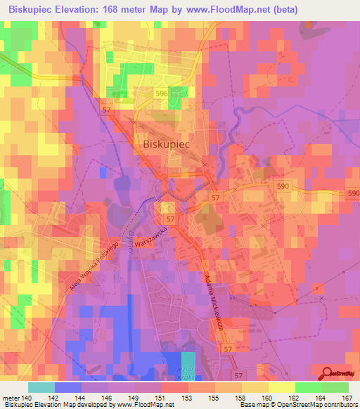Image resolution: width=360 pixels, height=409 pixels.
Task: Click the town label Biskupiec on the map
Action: (164, 143)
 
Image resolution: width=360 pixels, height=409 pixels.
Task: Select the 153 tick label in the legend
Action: (188, 398)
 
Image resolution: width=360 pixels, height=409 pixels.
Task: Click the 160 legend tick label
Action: (266, 398)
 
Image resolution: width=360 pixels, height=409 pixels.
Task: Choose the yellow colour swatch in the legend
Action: (281, 387)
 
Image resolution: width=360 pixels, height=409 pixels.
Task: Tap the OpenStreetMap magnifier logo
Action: (327, 375)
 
